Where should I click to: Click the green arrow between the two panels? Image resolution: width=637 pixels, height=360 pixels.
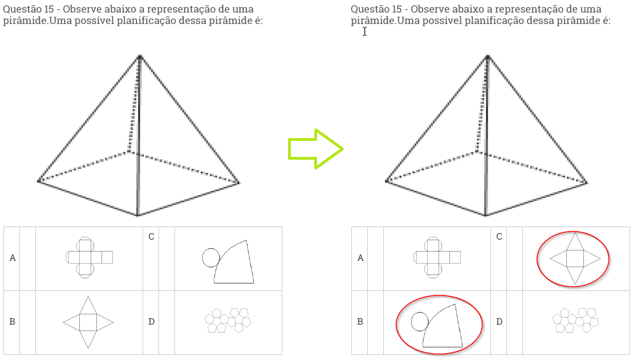[x=315, y=149]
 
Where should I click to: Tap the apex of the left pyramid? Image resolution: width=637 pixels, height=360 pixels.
[x=140, y=56]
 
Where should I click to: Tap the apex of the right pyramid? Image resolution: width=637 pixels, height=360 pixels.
[x=488, y=56]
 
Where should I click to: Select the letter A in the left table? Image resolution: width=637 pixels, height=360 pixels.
[x=13, y=258]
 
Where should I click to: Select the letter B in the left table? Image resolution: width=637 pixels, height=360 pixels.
[x=12, y=321]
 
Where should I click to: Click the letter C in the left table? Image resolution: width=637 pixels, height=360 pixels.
[x=151, y=236]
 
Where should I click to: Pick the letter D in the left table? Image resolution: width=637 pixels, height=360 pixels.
[x=151, y=321]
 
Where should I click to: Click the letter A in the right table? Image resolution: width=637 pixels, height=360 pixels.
[x=360, y=258]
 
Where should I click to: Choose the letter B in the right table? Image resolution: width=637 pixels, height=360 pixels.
[x=360, y=321]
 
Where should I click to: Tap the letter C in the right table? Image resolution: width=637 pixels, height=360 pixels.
[x=499, y=236]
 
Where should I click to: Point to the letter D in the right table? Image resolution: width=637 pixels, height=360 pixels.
[x=499, y=321]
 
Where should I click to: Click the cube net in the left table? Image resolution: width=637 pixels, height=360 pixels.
[x=89, y=257]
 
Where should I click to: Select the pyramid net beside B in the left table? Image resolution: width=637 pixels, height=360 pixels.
[x=88, y=322]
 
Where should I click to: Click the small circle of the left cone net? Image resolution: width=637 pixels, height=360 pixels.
[x=211, y=258]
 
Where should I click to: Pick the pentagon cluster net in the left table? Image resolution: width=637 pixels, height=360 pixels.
[x=228, y=319]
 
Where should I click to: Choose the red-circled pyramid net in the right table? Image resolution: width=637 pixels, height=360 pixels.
[x=575, y=258]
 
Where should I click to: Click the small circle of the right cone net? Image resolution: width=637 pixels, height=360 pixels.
[x=420, y=321]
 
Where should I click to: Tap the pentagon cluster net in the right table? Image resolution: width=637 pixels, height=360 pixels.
[x=575, y=319]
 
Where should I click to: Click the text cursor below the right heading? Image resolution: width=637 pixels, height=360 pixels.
[x=365, y=31]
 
